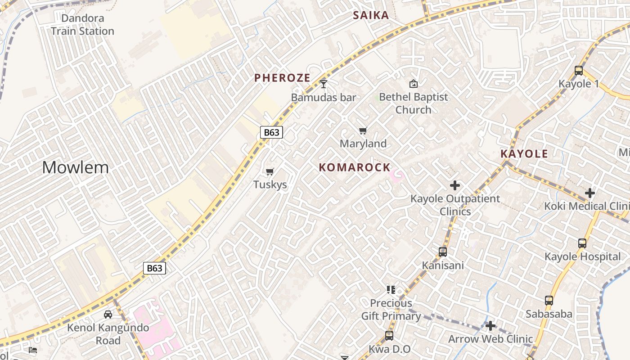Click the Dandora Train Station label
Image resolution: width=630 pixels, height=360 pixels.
[82, 25]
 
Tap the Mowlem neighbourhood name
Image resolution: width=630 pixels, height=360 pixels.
[76, 167]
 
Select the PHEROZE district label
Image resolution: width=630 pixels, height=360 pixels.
[282, 78]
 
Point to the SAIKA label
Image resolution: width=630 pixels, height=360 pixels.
[371, 15]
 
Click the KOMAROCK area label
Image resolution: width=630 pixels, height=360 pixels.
[355, 167]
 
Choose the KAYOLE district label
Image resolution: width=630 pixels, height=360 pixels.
[524, 154]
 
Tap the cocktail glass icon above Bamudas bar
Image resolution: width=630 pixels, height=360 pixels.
[324, 84]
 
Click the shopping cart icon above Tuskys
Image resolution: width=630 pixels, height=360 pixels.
[270, 171]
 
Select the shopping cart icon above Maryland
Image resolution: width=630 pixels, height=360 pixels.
[363, 131]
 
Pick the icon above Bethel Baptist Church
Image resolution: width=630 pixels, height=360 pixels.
[413, 84]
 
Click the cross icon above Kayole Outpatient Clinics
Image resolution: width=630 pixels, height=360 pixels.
[455, 185]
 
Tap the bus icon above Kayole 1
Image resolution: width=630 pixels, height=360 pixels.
[579, 71]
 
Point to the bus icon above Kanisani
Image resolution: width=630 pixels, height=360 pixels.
[443, 252]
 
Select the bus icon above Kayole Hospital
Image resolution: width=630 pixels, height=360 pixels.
[582, 243]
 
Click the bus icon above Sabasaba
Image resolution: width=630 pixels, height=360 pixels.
[549, 301]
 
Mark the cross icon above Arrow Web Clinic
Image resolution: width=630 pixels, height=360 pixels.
[490, 325]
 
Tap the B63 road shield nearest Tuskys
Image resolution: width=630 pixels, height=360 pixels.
[271, 132]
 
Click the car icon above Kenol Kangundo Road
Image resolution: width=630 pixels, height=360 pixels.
[108, 314]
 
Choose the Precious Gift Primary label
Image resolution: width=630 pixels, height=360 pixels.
[391, 310]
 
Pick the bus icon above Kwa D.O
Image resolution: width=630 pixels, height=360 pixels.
[389, 336]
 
